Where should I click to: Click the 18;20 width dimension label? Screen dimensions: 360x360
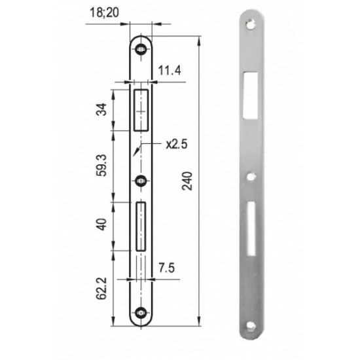(x=104, y=12)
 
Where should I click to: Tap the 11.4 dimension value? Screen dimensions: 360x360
(x=170, y=70)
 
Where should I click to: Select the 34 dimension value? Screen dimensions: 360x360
(x=101, y=109)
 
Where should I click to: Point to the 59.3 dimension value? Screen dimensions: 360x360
(x=101, y=166)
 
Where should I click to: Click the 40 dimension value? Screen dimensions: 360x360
(x=101, y=224)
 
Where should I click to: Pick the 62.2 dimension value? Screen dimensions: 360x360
(x=101, y=289)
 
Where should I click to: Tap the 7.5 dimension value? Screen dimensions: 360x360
(x=167, y=268)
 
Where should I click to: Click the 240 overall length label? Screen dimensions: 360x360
(x=187, y=181)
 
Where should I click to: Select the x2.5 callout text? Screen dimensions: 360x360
(x=177, y=144)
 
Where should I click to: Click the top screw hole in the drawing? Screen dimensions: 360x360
(x=141, y=49)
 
